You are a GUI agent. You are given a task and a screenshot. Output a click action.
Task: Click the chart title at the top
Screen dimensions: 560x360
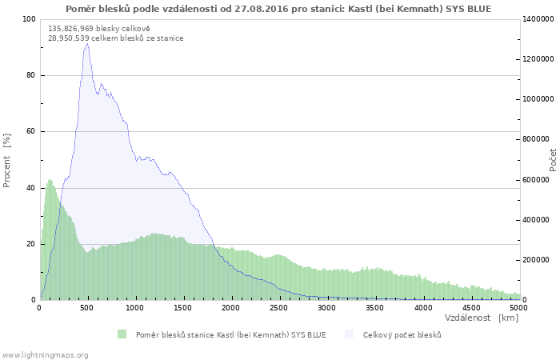point(278,9)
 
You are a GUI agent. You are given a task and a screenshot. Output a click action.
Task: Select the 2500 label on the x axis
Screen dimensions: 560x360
point(278,307)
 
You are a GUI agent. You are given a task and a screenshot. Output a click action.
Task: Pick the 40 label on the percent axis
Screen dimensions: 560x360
point(30,188)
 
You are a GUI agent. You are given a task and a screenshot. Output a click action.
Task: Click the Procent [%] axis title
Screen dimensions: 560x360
point(6,161)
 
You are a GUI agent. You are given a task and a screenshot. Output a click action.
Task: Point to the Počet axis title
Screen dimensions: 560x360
point(553,160)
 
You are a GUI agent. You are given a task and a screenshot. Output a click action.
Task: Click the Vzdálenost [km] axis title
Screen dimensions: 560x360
point(482,318)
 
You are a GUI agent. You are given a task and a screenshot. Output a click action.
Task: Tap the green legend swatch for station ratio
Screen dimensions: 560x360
point(122,334)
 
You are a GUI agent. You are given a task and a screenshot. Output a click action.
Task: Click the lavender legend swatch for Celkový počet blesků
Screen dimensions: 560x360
point(349,334)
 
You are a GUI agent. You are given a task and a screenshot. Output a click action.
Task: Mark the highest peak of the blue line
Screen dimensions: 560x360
point(87,43)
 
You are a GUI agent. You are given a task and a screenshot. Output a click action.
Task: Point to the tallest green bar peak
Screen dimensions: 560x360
point(50,180)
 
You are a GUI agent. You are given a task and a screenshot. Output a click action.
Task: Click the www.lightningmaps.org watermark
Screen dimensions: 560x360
point(45,355)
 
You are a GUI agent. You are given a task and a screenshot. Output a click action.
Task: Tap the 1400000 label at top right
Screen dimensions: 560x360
point(538,19)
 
